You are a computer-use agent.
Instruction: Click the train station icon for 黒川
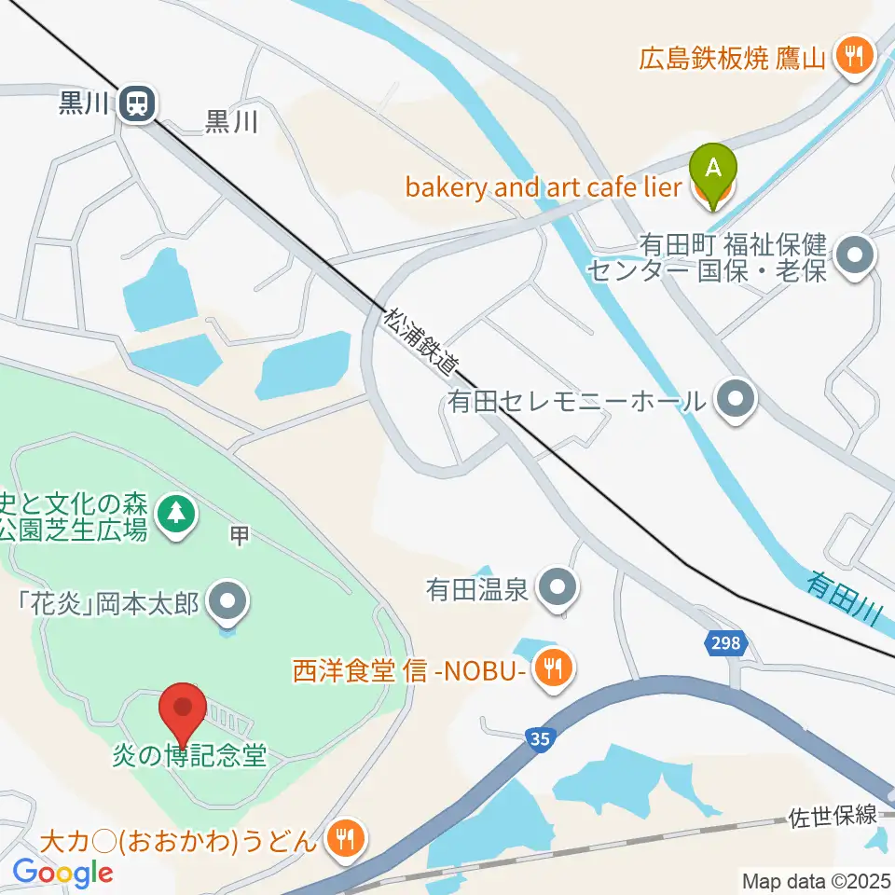(x=138, y=103)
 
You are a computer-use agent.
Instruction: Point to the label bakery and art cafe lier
(x=544, y=187)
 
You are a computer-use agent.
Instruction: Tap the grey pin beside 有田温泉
(x=559, y=588)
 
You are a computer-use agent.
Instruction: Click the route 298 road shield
(x=724, y=643)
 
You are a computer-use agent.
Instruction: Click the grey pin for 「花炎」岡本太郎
(x=227, y=601)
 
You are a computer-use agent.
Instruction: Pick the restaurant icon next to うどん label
(x=346, y=837)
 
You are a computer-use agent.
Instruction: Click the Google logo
(x=62, y=873)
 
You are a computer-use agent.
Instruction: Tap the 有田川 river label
(x=844, y=597)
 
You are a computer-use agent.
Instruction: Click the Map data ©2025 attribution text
(x=818, y=880)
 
